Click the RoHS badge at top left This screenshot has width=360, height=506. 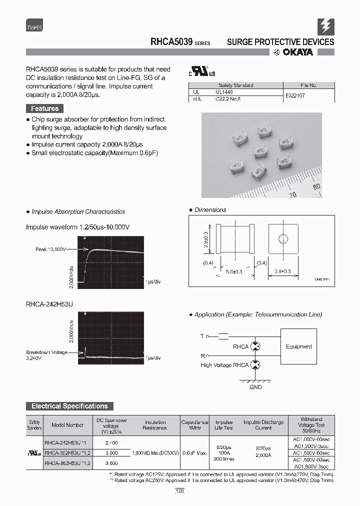(34, 28)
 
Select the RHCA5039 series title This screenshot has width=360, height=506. (171, 42)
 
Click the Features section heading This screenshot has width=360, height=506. (44, 108)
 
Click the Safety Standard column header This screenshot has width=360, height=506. (236, 85)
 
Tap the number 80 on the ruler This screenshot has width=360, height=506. (316, 187)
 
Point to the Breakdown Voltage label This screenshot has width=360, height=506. (46, 352)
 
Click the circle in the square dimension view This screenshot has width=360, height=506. (283, 238)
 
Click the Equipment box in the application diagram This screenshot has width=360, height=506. (298, 346)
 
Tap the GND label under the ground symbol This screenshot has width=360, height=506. (255, 387)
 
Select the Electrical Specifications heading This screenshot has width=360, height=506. (69, 406)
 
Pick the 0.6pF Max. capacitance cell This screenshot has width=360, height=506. (194, 453)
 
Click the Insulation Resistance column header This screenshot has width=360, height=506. (155, 425)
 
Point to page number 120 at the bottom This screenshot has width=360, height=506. (179, 491)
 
